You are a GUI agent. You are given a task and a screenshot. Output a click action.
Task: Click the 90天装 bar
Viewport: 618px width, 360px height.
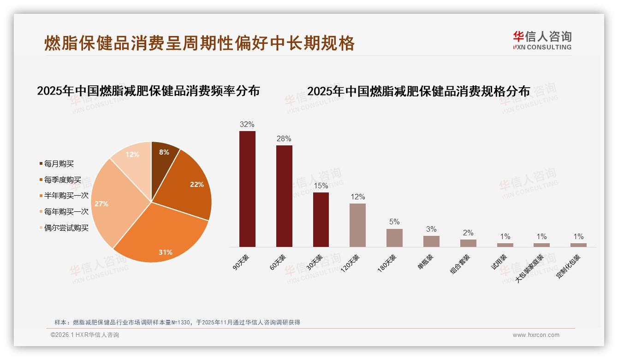247,189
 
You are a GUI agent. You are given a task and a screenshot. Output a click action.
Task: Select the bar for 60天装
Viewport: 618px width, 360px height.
284,196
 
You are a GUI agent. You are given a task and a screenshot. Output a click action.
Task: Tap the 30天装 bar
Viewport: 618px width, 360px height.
321,219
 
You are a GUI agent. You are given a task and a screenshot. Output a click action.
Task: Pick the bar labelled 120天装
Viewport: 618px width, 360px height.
357,225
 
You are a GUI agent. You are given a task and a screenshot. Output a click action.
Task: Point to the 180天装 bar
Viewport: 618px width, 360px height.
394,238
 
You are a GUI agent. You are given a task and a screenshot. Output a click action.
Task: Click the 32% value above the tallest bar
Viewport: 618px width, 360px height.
247,124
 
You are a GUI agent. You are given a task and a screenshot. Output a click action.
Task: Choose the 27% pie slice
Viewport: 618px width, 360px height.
111,203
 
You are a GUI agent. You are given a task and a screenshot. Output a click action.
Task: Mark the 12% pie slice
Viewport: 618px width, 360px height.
134,157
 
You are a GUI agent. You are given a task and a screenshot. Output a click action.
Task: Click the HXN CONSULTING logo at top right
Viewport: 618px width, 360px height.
542,41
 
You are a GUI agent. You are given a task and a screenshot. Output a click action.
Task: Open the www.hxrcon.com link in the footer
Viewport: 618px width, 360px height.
536,335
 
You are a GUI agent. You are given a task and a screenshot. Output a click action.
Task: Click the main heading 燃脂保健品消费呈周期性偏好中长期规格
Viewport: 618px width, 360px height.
199,43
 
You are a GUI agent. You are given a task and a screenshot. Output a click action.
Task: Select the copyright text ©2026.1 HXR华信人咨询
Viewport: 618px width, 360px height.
85,335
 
